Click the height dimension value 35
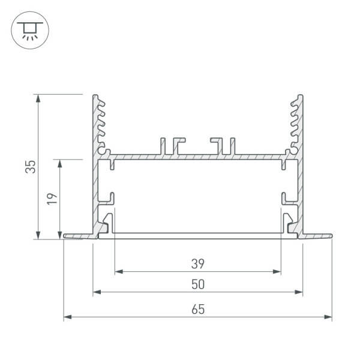30,166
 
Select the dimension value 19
52,199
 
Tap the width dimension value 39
197,263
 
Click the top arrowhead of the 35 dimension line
38,98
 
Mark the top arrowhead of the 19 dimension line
60,163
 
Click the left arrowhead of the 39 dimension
118,272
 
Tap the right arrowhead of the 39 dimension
277,272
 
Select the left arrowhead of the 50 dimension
96,293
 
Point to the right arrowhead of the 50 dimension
299,293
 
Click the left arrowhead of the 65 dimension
67,317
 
